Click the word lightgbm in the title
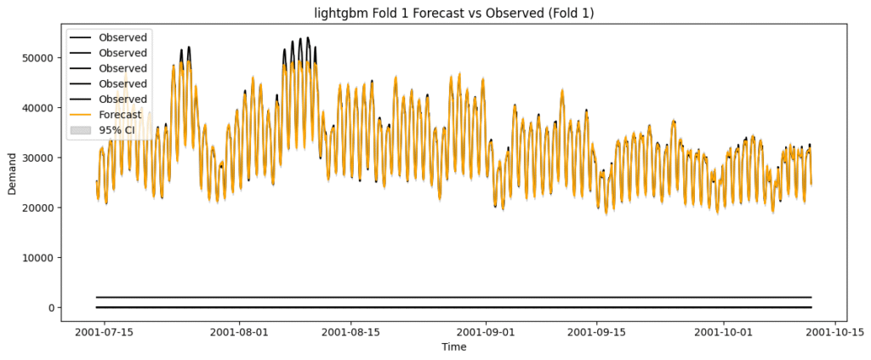tap(336, 11)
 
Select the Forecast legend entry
tap(120, 114)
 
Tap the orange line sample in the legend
tap(82, 114)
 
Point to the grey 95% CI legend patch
tap(82, 129)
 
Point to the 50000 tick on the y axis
tap(38, 57)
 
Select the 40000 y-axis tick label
tap(38, 107)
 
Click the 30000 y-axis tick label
tap(38, 157)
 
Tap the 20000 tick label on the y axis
tap(38, 208)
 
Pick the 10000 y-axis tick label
tap(38, 258)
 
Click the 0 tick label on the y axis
tap(52, 307)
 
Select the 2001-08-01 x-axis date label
tap(239, 331)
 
